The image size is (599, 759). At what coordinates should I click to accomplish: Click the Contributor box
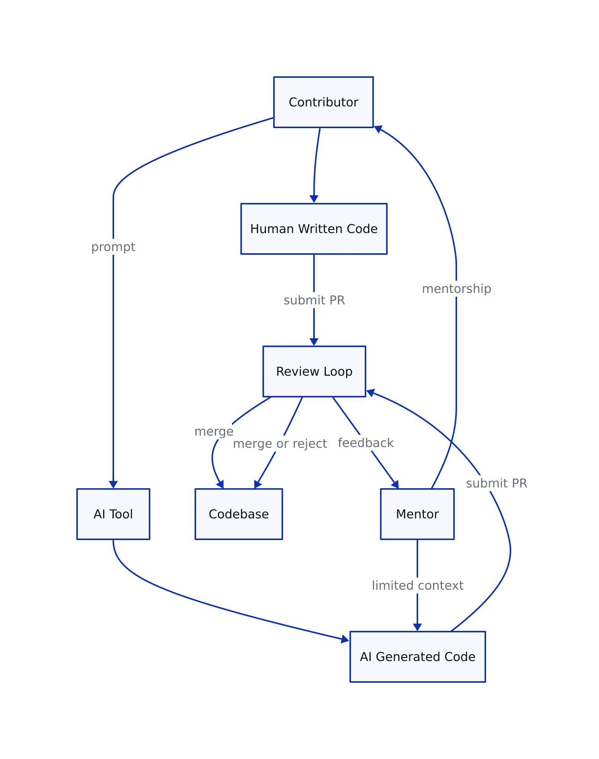(323, 102)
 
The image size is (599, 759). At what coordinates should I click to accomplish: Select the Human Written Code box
(314, 229)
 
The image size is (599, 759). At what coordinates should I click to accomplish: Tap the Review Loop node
(314, 371)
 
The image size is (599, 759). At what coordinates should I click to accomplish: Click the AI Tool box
(113, 514)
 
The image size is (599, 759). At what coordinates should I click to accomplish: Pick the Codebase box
(238, 514)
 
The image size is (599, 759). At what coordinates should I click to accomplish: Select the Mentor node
(417, 514)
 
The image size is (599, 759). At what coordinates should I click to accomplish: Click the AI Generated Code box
(417, 657)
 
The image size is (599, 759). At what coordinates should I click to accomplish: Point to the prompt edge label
(113, 247)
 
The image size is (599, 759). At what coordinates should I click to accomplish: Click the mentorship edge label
(456, 289)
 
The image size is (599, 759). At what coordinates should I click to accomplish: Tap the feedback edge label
(366, 443)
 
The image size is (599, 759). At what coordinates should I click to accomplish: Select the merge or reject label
(280, 444)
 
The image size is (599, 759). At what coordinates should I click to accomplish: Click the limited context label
(417, 585)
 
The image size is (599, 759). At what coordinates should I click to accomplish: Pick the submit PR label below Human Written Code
(314, 300)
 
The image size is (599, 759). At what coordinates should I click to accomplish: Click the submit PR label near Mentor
(496, 483)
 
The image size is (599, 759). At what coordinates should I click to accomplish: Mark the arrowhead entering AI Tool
(113, 485)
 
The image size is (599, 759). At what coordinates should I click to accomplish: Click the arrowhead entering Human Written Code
(314, 199)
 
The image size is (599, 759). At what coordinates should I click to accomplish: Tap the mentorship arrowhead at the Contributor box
(378, 129)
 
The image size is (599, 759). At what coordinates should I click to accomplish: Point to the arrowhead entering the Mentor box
(396, 485)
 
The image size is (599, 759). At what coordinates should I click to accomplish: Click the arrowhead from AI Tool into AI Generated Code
(345, 639)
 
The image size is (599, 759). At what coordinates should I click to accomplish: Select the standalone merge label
(214, 431)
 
